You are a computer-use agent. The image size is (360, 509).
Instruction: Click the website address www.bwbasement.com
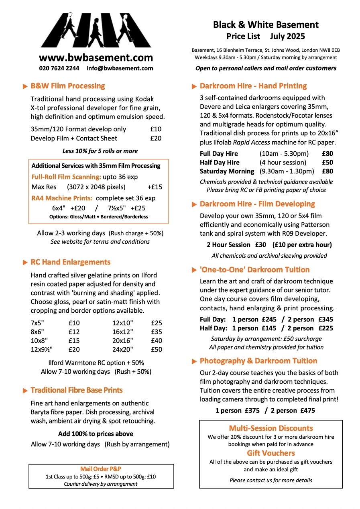point(96,57)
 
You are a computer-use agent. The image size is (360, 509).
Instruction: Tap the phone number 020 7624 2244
point(59,68)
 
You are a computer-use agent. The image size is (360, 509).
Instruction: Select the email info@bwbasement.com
point(120,68)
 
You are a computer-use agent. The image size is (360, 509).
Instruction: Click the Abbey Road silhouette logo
point(96,30)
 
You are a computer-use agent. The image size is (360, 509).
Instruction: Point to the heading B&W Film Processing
point(67,86)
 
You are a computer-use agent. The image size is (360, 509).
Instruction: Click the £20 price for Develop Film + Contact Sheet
point(156,138)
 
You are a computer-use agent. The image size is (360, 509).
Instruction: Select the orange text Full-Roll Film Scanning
point(66,177)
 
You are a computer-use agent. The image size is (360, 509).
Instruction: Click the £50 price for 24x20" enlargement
point(157,349)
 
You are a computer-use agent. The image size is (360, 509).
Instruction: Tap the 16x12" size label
point(122,332)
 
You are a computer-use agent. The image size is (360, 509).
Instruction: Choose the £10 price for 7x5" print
point(74,323)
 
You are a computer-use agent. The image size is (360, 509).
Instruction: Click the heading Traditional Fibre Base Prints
point(76,390)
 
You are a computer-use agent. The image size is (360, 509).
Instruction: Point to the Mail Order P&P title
point(101,469)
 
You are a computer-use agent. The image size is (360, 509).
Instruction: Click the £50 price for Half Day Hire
point(327,162)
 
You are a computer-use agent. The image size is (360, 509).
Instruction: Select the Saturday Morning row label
point(227,171)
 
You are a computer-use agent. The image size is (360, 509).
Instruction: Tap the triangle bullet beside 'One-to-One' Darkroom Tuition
point(194,270)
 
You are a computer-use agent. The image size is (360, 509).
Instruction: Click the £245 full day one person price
point(269,320)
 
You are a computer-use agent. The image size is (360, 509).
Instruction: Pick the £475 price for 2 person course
point(307,410)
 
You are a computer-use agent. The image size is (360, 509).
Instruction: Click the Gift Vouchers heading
point(271,453)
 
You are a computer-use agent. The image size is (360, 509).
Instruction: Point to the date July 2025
point(287,37)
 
